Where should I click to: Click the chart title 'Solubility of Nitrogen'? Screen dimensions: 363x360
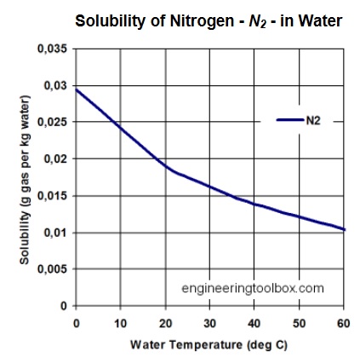(x=209, y=20)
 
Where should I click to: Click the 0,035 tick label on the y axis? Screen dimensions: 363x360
(x=54, y=49)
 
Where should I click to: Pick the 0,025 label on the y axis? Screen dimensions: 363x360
(x=54, y=123)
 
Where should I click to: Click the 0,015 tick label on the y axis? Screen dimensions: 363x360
(x=54, y=196)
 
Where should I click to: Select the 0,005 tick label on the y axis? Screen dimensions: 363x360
(x=54, y=269)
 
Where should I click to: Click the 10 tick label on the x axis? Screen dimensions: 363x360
(x=121, y=323)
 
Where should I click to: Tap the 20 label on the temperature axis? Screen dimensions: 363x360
(x=165, y=323)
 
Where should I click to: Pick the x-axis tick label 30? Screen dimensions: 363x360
(x=210, y=323)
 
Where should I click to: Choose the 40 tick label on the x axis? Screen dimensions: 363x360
(x=254, y=323)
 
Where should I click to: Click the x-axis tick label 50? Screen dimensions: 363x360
(x=300, y=323)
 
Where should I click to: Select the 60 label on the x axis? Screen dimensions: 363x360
(x=344, y=323)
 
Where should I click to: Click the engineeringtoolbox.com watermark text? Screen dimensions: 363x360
(x=253, y=288)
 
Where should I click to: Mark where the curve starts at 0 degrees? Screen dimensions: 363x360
(x=77, y=89)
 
